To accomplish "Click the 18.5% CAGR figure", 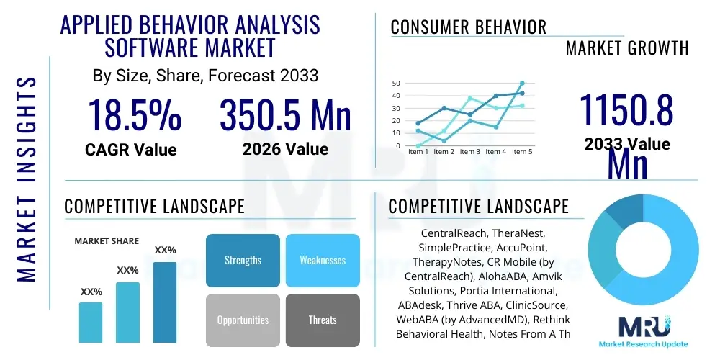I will [x=134, y=115].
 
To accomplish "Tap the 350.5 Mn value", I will [x=285, y=115].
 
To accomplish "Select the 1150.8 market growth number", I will [x=626, y=112].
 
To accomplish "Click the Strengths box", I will [x=243, y=260].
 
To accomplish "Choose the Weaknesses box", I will [x=322, y=260].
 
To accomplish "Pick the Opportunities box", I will [x=243, y=320].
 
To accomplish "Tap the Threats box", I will [x=322, y=320].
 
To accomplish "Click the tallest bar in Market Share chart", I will [x=165, y=302].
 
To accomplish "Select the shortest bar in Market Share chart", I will [x=91, y=322].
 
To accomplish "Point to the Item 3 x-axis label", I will [x=469, y=152].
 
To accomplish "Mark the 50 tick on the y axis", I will [x=395, y=83].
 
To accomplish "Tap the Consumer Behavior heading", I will [x=468, y=27].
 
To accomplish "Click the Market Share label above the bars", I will [x=107, y=241].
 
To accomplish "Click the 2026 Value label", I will [x=285, y=149].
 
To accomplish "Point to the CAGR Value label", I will [x=130, y=150].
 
